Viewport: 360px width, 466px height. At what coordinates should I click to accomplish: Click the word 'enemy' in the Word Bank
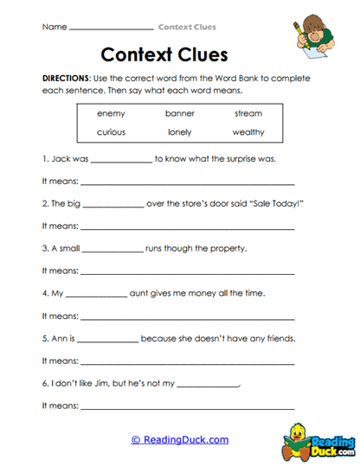point(112,113)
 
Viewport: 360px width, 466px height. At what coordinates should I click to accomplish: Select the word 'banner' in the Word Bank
point(180,113)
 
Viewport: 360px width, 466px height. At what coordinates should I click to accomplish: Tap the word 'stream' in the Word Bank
point(248,113)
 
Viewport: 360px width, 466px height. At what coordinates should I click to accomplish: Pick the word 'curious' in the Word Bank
point(112,132)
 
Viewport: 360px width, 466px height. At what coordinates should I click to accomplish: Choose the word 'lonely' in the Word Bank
point(180,132)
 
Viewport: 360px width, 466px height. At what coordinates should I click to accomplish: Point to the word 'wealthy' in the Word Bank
point(248,132)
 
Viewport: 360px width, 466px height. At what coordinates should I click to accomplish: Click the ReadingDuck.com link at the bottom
point(180,440)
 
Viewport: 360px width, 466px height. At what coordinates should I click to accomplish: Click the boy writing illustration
point(315,39)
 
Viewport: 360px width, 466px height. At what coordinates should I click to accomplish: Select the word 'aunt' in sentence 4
point(140,294)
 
